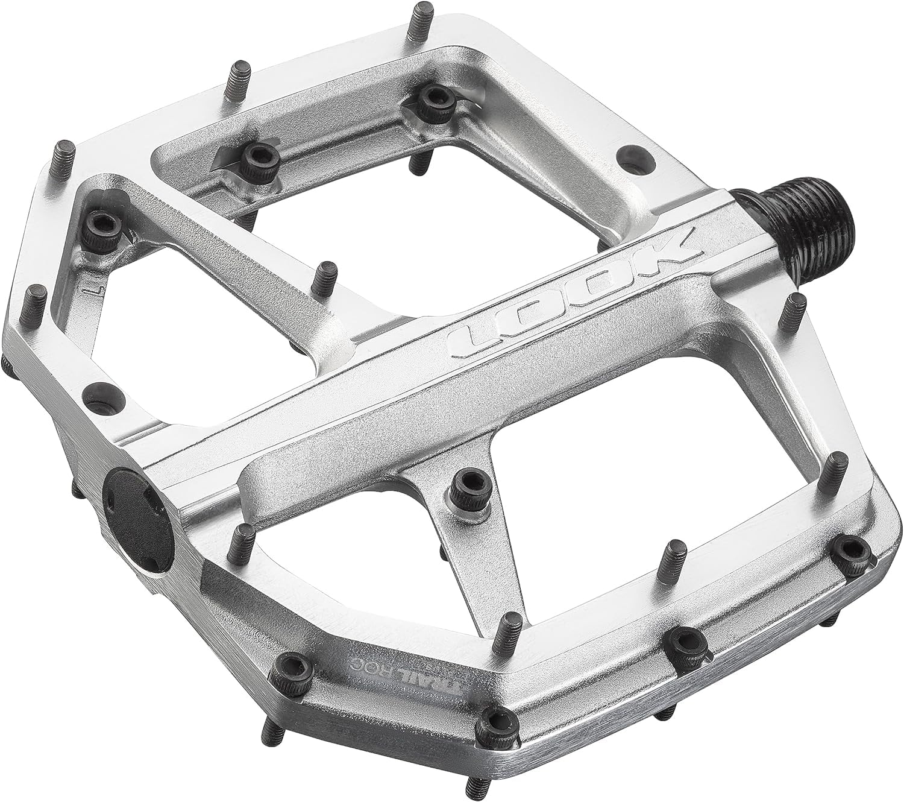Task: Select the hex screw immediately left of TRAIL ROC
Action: (x=290, y=666)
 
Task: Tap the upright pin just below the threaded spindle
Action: (x=796, y=312)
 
